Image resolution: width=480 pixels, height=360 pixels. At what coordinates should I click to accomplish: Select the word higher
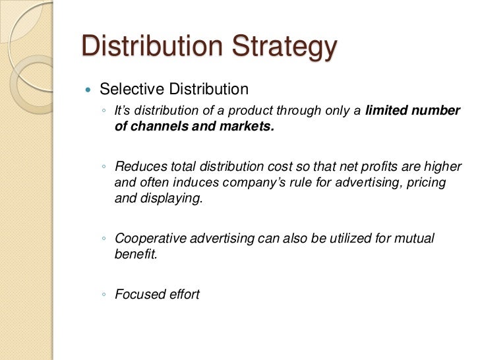[x=444, y=165]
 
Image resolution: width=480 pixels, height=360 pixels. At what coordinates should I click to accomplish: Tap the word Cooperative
[x=149, y=238]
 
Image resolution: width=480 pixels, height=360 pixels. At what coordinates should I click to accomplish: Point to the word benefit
[x=136, y=255]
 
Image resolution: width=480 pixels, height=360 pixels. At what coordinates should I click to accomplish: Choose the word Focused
[x=139, y=294]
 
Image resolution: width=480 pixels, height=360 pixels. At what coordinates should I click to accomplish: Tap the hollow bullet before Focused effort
[x=104, y=295]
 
